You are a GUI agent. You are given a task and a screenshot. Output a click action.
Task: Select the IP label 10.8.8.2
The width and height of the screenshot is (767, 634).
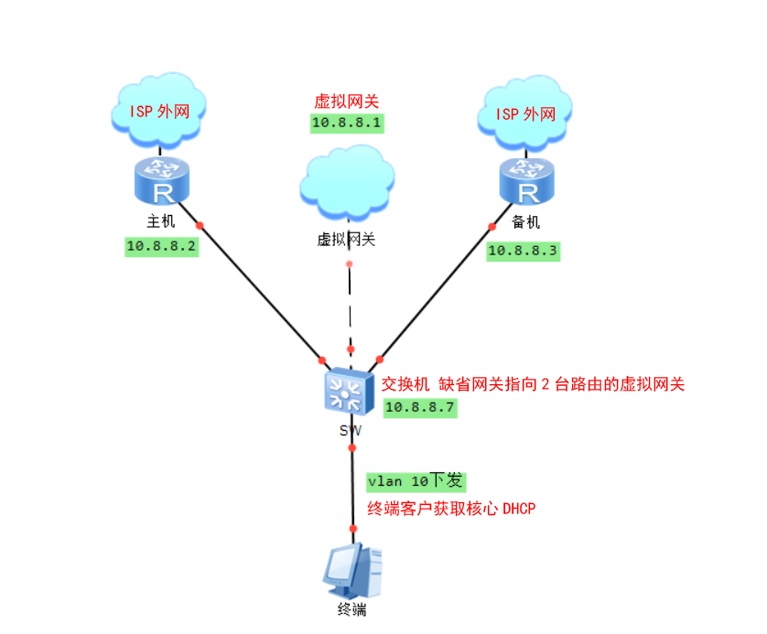(x=162, y=245)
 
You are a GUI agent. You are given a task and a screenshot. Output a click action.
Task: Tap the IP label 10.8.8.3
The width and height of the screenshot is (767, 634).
(x=523, y=250)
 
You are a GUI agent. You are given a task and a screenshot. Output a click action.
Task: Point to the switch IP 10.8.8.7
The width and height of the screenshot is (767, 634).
(x=420, y=408)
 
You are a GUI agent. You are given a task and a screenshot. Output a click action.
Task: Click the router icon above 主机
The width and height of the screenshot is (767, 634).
(x=161, y=180)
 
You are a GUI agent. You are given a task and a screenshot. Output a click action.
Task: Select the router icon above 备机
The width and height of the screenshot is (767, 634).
(x=527, y=180)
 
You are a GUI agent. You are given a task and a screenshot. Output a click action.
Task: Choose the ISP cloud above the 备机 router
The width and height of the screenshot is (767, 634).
(x=525, y=114)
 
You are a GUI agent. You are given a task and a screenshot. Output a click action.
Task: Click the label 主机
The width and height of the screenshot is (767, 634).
(x=161, y=221)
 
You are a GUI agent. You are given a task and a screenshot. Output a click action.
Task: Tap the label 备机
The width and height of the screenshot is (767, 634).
(x=526, y=221)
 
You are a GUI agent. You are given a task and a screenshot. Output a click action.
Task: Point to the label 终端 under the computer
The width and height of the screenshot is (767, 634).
(x=351, y=611)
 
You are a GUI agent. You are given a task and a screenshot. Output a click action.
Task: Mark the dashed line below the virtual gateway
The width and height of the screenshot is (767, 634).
(x=350, y=306)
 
